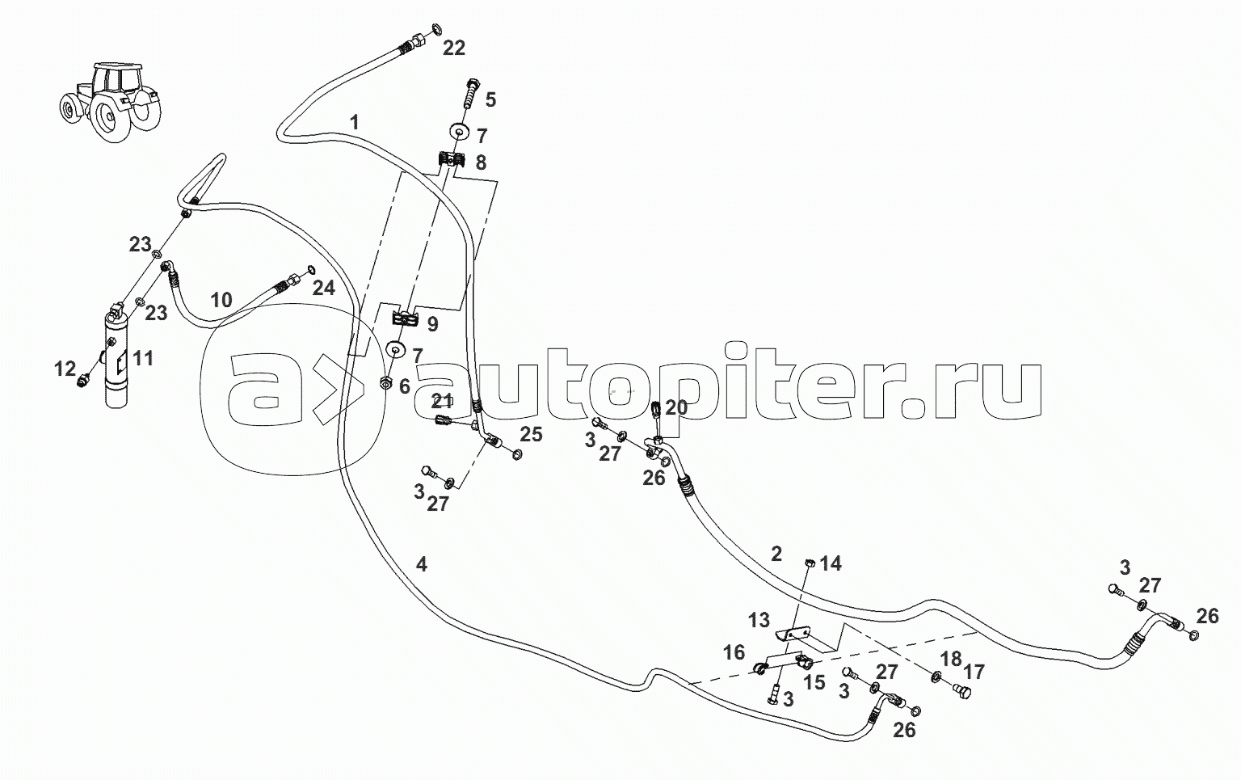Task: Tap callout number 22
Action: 454,48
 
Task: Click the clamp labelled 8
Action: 451,160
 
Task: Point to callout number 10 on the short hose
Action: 221,301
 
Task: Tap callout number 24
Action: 323,288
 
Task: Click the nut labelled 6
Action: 386,385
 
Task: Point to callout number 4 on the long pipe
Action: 421,564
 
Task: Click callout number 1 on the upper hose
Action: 354,122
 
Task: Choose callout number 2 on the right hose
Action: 776,554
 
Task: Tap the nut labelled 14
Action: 810,563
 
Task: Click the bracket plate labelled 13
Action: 795,635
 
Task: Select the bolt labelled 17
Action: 960,690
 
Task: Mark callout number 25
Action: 530,436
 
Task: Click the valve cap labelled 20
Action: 656,409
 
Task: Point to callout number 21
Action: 441,399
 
